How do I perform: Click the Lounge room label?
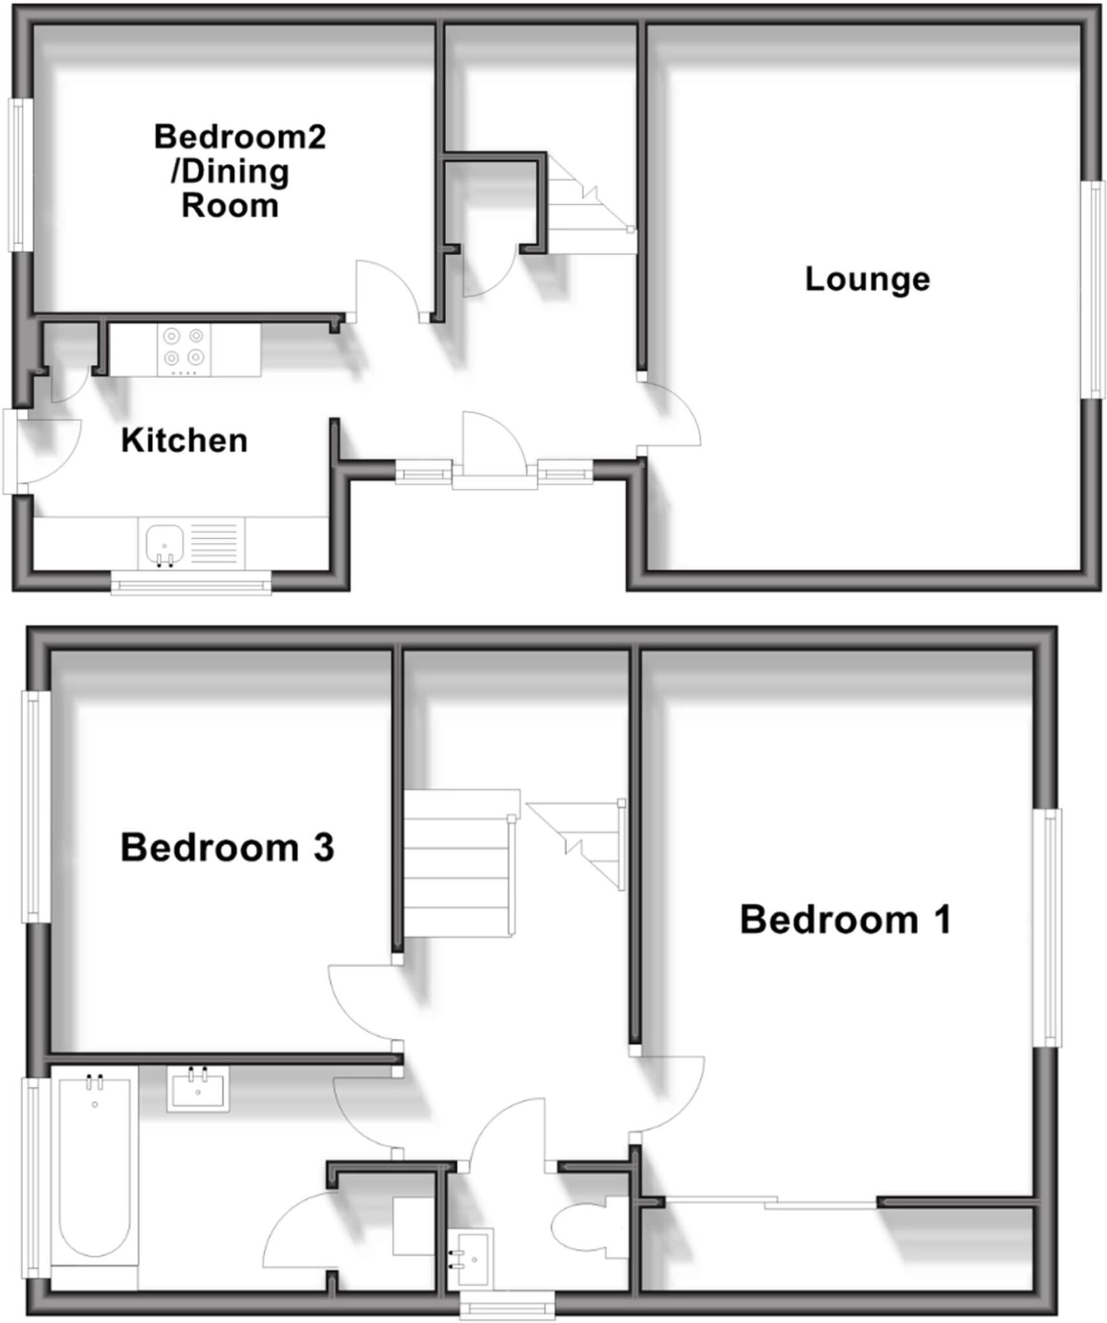[867, 279]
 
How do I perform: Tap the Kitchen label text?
[184, 441]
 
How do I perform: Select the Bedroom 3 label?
[227, 848]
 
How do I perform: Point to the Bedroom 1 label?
[845, 919]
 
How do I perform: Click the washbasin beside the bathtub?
[198, 1089]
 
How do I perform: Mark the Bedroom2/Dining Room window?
[20, 174]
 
